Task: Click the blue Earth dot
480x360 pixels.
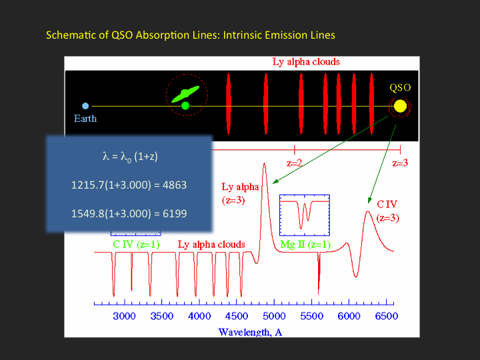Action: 85,106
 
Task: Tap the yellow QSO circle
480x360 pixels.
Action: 400,106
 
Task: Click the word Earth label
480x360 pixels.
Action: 85,119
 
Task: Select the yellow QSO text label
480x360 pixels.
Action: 400,88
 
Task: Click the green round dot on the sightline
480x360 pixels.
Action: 185,105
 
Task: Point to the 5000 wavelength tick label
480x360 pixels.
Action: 274,316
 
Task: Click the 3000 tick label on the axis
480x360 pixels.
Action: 124,316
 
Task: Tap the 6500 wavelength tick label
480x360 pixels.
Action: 386,316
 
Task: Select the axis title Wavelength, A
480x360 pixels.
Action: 250,332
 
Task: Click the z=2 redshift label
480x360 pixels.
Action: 295,163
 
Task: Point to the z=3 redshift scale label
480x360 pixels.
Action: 400,163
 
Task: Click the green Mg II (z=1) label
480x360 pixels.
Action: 305,245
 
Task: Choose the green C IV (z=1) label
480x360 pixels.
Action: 136,245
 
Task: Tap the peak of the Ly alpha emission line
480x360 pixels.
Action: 264,164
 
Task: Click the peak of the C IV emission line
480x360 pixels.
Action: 367,211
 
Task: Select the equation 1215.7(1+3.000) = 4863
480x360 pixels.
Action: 129,185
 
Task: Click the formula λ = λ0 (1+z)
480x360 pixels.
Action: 130,157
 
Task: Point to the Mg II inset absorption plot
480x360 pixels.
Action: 305,215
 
